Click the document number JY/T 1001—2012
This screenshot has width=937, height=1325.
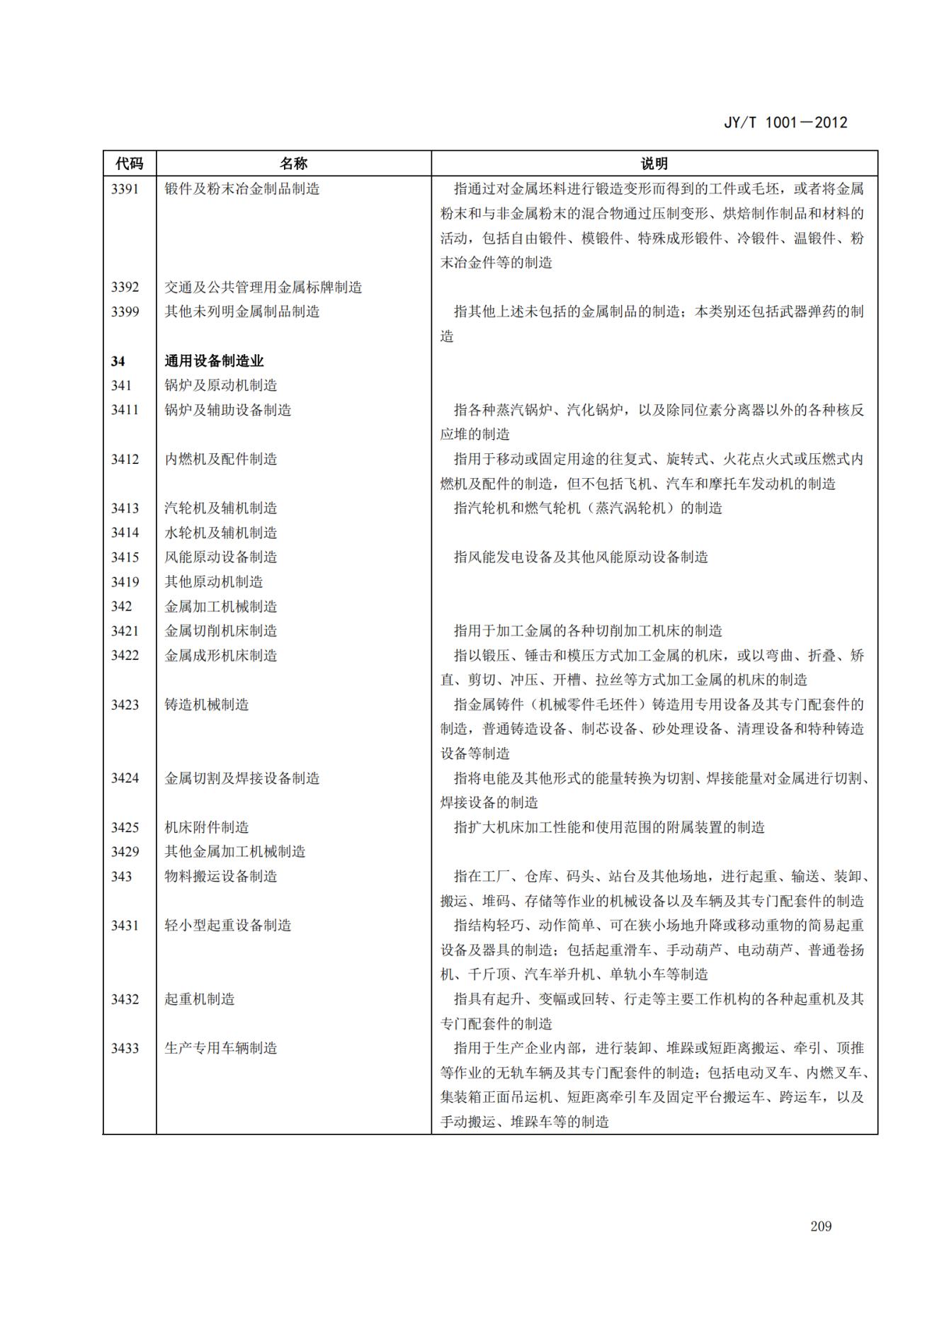(785, 123)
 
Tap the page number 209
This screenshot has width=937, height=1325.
(821, 1226)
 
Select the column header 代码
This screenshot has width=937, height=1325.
(130, 164)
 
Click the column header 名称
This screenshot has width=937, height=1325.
(293, 164)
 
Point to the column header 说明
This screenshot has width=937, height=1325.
(654, 164)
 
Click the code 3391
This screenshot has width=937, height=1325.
(125, 189)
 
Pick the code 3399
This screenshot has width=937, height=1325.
(125, 312)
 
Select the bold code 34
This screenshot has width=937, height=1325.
(118, 361)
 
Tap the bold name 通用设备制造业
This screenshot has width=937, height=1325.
(214, 361)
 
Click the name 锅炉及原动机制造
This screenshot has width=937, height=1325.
(221, 385)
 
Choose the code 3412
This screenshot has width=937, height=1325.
(125, 459)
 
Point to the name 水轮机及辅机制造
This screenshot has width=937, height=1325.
(221, 533)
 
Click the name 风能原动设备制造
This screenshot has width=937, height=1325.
(221, 557)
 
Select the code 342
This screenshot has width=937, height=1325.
(121, 606)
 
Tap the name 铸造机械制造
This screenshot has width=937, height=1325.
(207, 705)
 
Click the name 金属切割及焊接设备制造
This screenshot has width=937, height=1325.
(242, 778)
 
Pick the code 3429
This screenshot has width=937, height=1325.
(125, 852)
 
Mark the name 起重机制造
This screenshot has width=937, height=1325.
(200, 999)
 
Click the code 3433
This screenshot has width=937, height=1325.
(125, 1048)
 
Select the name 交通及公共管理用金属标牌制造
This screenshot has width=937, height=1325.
(263, 288)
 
